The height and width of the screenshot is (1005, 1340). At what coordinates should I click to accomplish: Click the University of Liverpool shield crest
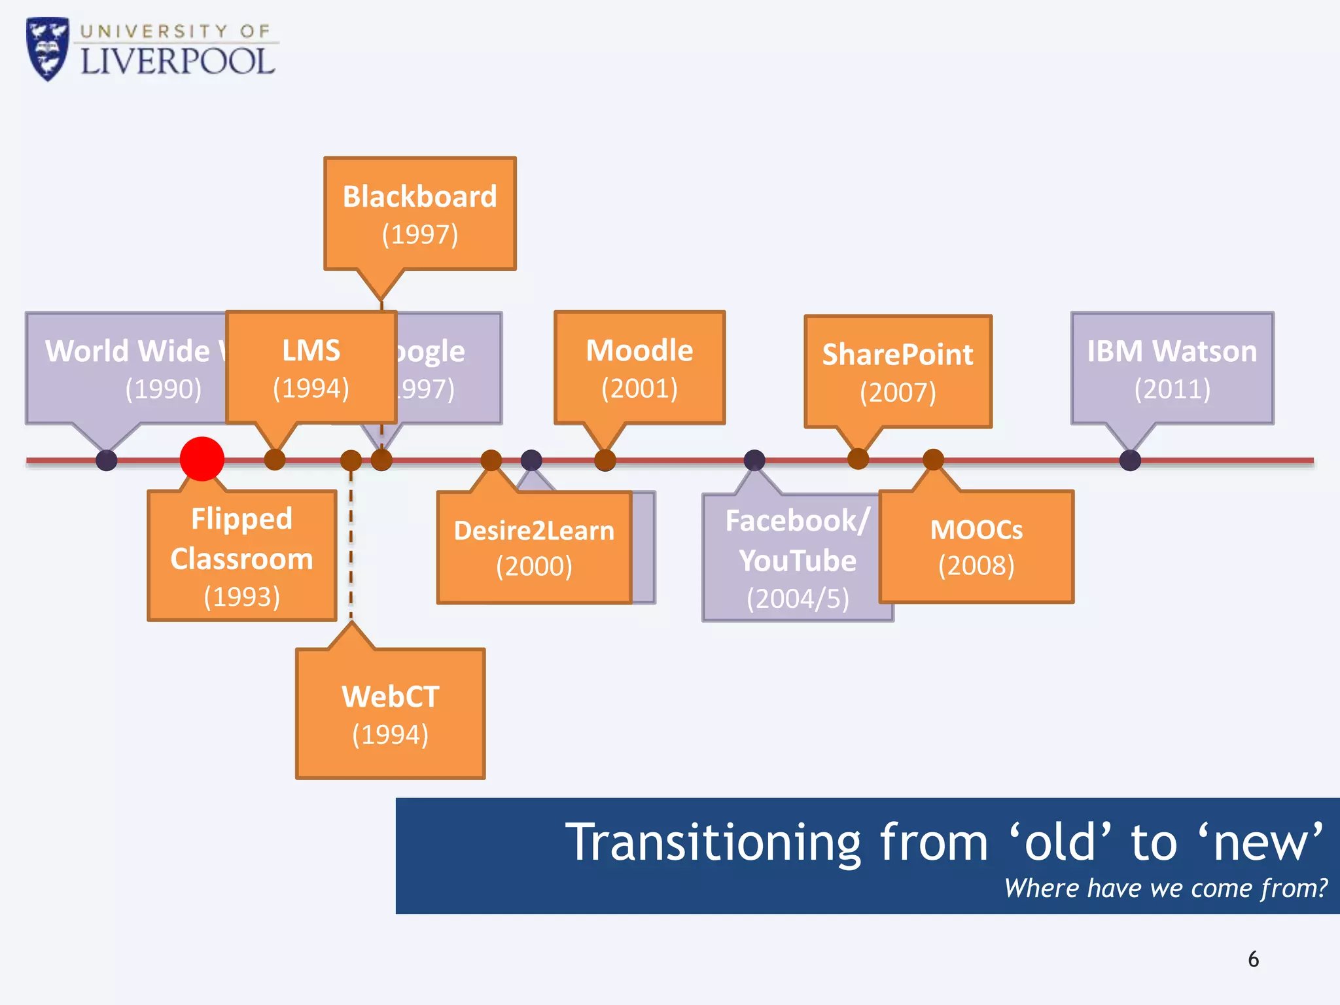click(47, 49)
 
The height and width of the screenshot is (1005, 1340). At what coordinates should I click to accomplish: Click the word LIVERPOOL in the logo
click(177, 62)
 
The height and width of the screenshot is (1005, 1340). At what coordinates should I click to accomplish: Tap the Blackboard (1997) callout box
click(419, 214)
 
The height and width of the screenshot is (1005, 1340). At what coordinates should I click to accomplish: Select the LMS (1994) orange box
click(311, 368)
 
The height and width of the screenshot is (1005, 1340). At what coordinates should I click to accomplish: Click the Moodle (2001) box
click(639, 368)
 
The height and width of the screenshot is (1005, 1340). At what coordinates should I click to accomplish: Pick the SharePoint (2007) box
click(898, 372)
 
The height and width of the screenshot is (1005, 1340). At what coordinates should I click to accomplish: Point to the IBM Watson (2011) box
click(1172, 368)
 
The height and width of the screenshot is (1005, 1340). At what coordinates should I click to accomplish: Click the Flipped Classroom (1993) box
click(241, 556)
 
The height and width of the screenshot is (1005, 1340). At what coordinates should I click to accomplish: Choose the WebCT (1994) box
click(390, 714)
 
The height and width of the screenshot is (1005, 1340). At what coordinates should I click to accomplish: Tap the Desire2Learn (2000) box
click(534, 547)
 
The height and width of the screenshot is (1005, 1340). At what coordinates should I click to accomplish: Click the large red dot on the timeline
click(202, 459)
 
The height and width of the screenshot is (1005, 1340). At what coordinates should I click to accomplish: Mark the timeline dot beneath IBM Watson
click(1130, 460)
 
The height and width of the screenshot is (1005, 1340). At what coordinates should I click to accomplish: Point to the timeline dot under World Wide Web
click(107, 460)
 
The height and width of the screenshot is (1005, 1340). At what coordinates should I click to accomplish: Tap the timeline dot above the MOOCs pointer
click(933, 459)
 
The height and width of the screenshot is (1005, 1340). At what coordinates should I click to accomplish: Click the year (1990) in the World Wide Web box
click(163, 389)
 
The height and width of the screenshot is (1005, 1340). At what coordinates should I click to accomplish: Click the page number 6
click(1253, 959)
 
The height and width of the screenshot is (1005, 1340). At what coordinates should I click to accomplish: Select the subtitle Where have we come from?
click(1165, 889)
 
